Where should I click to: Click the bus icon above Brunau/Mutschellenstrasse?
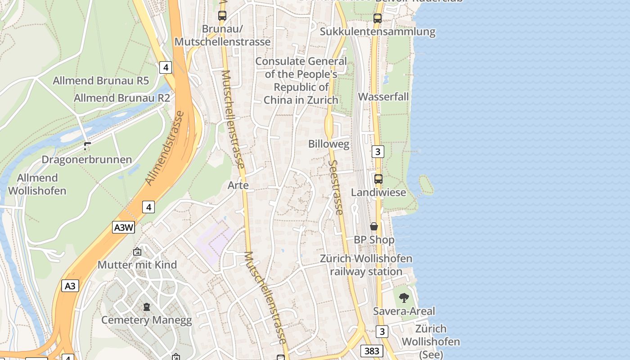coord(222,15)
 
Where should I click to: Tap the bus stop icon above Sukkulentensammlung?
coord(378,18)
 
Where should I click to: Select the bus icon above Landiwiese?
coord(378,179)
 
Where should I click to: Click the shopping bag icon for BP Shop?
coord(374,226)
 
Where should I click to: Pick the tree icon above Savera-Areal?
coord(404,297)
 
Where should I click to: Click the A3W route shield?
coord(123,227)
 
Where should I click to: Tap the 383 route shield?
coord(372,351)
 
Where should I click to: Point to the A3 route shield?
coord(70,286)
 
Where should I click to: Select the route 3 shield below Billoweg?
coord(378,152)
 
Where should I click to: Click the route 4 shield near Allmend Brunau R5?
coord(166,67)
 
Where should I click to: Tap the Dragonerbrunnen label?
coord(86,160)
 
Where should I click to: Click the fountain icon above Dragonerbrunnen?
coord(87,146)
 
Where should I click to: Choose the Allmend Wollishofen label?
coord(37,184)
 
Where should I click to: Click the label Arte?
coord(238,185)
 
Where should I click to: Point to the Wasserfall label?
coord(383,97)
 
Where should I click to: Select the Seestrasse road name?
coord(336,187)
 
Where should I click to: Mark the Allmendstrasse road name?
coord(165,148)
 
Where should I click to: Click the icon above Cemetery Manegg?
coord(146,307)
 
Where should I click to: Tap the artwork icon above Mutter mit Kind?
coord(137,252)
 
